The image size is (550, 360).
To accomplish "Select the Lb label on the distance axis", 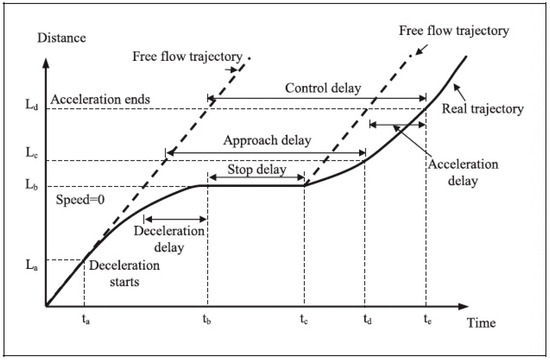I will pyautogui.click(x=30, y=186).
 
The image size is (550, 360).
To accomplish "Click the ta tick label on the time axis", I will pyautogui.click(x=84, y=323).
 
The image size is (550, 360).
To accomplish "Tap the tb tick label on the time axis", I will pyautogui.click(x=207, y=323).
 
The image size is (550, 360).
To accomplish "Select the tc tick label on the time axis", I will pyautogui.click(x=304, y=323).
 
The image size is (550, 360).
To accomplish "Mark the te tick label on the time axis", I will pyautogui.click(x=426, y=323).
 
